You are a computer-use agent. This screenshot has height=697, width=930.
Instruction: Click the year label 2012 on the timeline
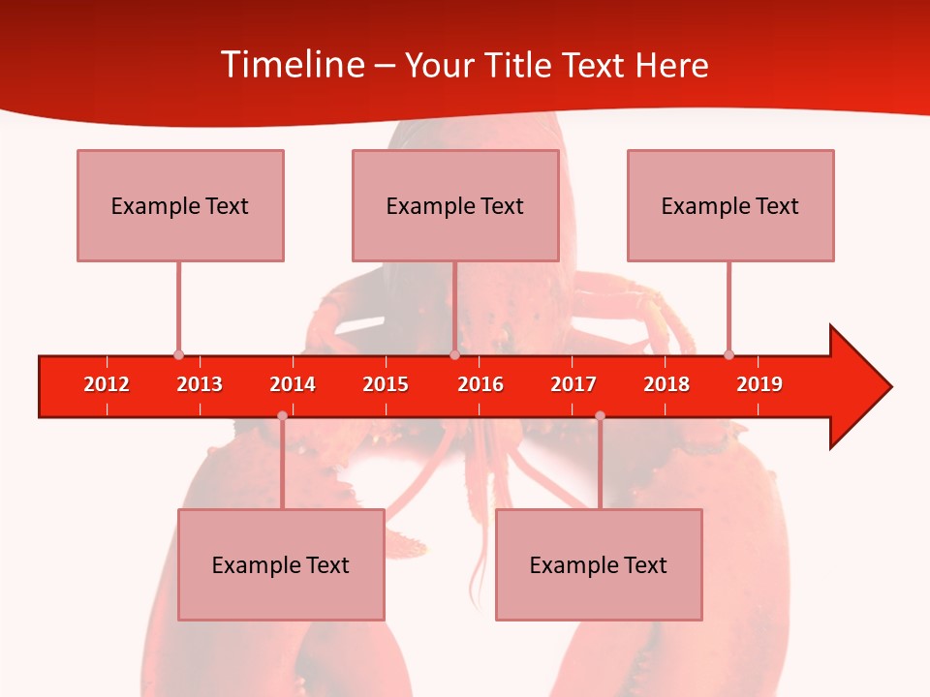pyautogui.click(x=107, y=384)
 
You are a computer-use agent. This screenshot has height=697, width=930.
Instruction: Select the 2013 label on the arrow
pyautogui.click(x=200, y=384)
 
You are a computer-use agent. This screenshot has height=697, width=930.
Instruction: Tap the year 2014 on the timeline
pyautogui.click(x=293, y=384)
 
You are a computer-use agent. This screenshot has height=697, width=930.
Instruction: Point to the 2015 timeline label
pyautogui.click(x=386, y=384)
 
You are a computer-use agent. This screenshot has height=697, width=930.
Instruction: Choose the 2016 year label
pyautogui.click(x=480, y=384)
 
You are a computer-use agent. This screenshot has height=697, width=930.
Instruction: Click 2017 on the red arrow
pyautogui.click(x=573, y=384)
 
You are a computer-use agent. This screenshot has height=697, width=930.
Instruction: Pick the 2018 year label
pyautogui.click(x=666, y=384)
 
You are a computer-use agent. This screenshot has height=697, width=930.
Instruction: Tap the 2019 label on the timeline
pyautogui.click(x=759, y=384)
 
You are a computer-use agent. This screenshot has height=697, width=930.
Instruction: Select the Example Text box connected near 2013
pyautogui.click(x=180, y=205)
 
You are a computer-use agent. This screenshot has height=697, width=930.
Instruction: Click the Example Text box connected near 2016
pyautogui.click(x=455, y=205)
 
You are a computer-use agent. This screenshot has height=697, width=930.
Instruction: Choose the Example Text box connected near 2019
pyautogui.click(x=730, y=205)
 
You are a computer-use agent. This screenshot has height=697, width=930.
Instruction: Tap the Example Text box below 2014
pyautogui.click(x=281, y=564)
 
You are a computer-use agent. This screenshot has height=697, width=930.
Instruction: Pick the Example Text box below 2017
pyautogui.click(x=599, y=564)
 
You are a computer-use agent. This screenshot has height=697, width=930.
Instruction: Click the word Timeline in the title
pyautogui.click(x=292, y=65)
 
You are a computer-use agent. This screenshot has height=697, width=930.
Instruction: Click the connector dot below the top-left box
pyautogui.click(x=178, y=355)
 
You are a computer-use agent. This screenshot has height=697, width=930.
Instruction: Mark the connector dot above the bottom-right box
pyautogui.click(x=600, y=416)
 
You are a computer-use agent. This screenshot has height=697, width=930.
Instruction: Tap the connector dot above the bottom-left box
pyautogui.click(x=282, y=416)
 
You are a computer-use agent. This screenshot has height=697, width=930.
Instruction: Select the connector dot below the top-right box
pyautogui.click(x=728, y=355)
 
